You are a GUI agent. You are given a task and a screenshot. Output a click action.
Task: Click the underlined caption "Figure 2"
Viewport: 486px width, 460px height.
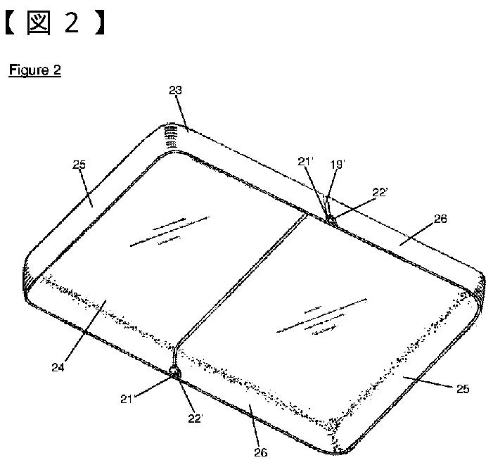(x=34, y=71)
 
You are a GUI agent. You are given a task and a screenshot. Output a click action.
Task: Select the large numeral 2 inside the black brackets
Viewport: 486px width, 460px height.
(x=72, y=23)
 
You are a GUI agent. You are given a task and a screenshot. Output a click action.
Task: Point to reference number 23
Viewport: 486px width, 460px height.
(x=175, y=90)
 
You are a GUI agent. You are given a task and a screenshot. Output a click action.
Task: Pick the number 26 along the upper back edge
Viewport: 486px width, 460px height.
(x=440, y=219)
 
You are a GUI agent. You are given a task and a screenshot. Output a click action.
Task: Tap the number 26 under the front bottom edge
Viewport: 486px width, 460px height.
(x=260, y=452)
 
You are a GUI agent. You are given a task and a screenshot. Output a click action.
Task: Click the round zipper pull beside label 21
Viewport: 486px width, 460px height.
(x=173, y=371)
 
